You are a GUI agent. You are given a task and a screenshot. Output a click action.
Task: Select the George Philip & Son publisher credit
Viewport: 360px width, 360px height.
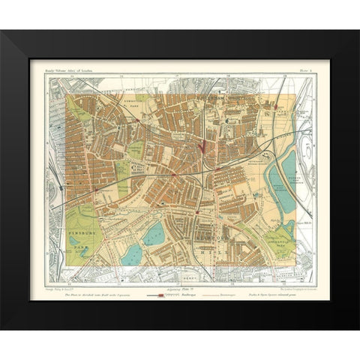(65, 289)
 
